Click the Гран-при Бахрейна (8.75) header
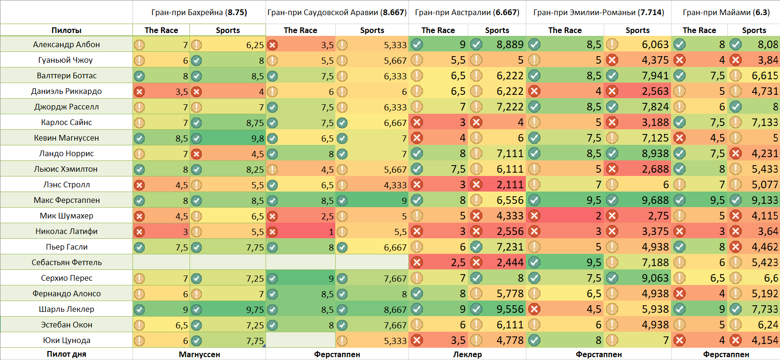(x=199, y=12)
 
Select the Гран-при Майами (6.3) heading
(x=726, y=12)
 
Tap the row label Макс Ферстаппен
(x=66, y=200)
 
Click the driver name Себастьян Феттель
(x=66, y=262)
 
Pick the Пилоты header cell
(x=66, y=30)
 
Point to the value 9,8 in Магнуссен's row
(x=257, y=138)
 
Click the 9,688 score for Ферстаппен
(x=655, y=200)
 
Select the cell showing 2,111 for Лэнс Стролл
(x=510, y=184)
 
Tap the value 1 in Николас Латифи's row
(x=331, y=232)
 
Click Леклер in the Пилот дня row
(x=467, y=354)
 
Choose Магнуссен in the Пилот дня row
(x=199, y=354)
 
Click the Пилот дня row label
(x=66, y=354)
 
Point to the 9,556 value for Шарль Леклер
(x=510, y=309)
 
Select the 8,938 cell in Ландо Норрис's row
(x=655, y=153)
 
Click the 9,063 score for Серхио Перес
(x=655, y=278)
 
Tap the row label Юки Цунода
(x=66, y=340)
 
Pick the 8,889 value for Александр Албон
(x=510, y=44)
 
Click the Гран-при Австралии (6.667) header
(x=467, y=12)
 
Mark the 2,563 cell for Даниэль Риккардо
(x=655, y=91)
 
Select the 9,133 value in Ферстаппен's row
(x=764, y=200)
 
